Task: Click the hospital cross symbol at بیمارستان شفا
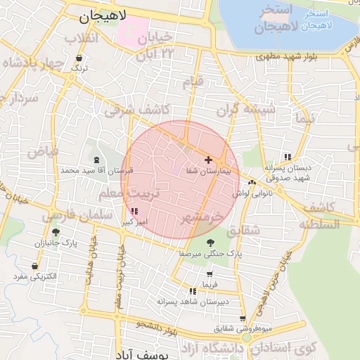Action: (208, 160)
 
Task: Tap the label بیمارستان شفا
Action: (209, 171)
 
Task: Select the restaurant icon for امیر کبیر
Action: (134, 211)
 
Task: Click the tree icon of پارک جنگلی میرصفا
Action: (210, 243)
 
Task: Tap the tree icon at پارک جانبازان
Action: (56, 232)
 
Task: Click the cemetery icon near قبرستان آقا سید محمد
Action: (96, 160)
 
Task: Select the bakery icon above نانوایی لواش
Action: (252, 183)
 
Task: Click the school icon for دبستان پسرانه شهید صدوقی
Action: (287, 157)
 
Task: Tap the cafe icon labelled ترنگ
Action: (79, 59)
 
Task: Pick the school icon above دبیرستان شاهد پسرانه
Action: (193, 291)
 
